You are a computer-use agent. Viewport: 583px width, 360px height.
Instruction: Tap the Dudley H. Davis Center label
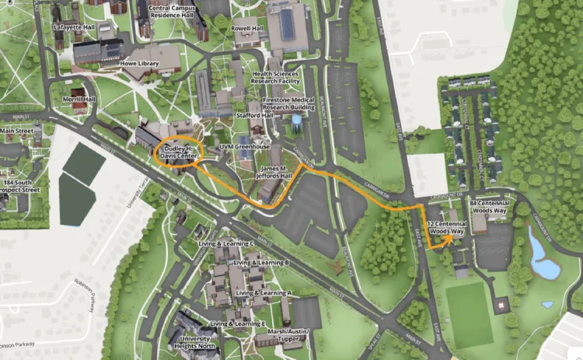pos(179,151)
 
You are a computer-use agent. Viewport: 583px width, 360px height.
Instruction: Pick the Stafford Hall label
pos(255,115)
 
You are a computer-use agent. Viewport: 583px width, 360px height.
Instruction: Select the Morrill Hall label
pos(79,100)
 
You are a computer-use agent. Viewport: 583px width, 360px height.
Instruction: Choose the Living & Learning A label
pos(264,292)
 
